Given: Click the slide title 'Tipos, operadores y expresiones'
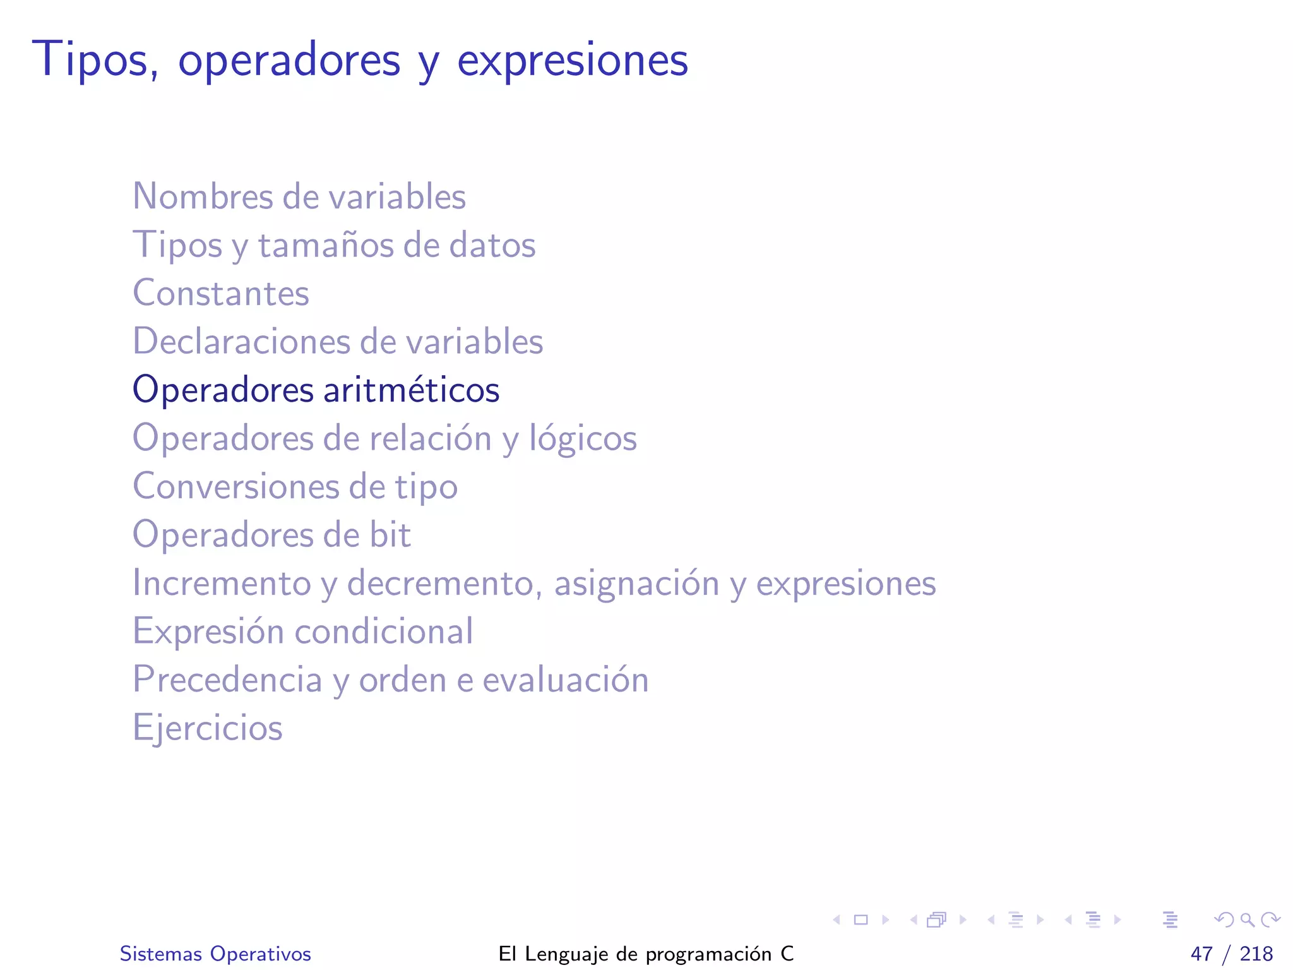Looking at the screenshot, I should (x=360, y=60).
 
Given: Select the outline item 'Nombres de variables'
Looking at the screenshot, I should (x=299, y=196).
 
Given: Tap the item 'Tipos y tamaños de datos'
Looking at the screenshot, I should (x=334, y=245).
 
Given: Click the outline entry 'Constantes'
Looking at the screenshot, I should (x=221, y=293).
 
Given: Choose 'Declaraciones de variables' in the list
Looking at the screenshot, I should (x=338, y=342).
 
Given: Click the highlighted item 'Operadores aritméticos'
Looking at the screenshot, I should (x=316, y=390).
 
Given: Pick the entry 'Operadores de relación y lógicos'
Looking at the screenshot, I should (x=384, y=438).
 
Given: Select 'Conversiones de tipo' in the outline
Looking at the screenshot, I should (x=295, y=486).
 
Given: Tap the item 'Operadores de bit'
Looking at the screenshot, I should (x=271, y=535).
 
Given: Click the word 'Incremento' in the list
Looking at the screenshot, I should (x=222, y=583).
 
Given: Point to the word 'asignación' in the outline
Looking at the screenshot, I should (x=636, y=584).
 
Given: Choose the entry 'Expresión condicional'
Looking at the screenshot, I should (x=302, y=632).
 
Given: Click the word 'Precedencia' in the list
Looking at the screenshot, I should (x=227, y=680).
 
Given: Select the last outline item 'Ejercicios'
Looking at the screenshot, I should (x=207, y=728).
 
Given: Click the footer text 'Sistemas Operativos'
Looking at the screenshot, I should (x=215, y=954).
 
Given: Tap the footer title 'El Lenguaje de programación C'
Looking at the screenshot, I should (x=646, y=954).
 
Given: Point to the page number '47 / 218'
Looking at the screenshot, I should (x=1231, y=954).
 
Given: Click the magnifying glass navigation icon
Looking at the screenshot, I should (x=1247, y=919).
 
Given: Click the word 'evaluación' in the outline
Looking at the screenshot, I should (x=566, y=680).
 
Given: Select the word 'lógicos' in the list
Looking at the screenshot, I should (x=583, y=439).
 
